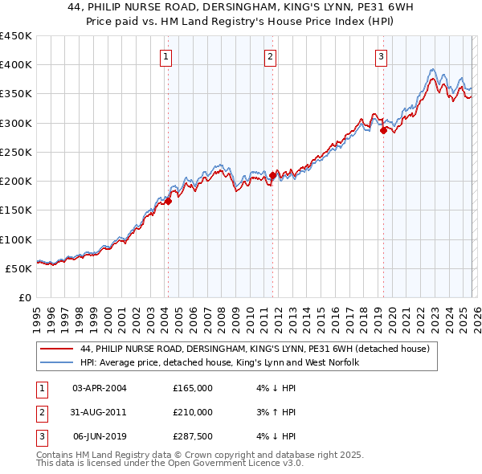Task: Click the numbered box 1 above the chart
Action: (x=165, y=56)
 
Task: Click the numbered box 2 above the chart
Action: (x=270, y=56)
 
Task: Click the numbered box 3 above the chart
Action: (x=380, y=56)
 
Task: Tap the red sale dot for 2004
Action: (x=168, y=202)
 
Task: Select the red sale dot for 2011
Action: (x=273, y=175)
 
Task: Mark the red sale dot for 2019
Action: (x=383, y=130)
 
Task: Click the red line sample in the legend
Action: (x=56, y=349)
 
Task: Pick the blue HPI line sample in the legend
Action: (x=56, y=362)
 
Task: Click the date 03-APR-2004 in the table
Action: (x=100, y=388)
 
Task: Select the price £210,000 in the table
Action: (x=193, y=412)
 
